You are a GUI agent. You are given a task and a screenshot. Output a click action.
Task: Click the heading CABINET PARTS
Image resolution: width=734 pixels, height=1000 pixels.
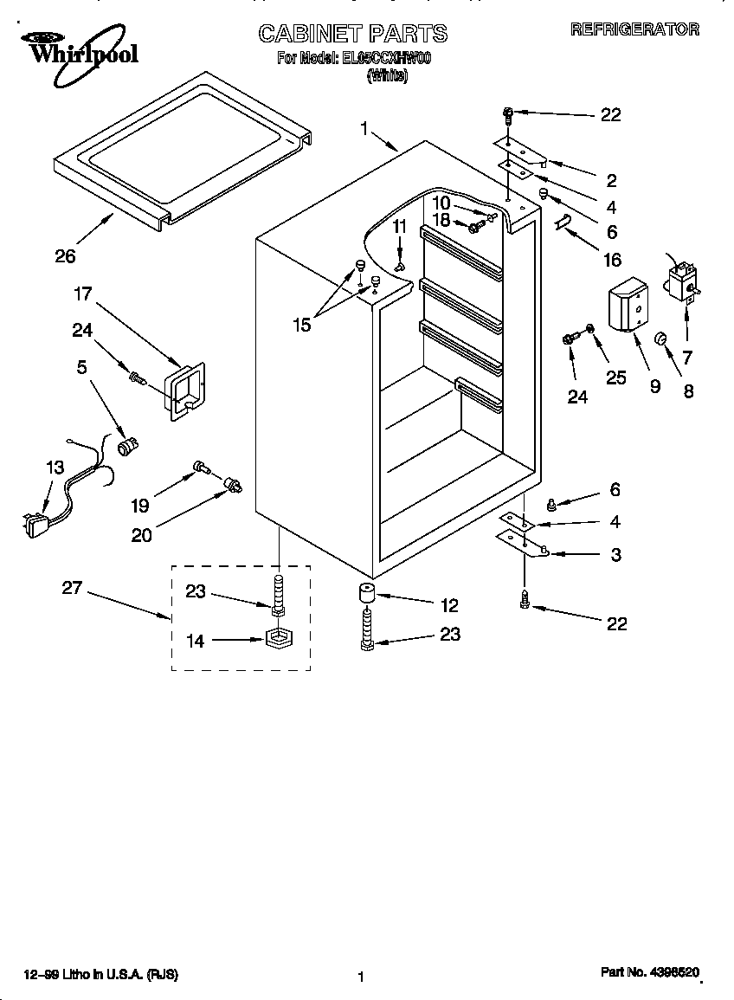click(353, 34)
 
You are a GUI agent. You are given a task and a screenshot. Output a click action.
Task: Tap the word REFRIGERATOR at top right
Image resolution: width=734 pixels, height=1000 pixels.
click(634, 29)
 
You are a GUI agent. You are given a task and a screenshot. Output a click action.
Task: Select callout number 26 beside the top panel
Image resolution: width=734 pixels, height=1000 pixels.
click(65, 255)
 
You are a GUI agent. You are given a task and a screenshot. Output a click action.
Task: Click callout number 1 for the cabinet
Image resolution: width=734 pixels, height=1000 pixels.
click(364, 128)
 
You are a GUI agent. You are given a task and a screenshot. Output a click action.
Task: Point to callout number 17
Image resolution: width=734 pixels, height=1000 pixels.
click(83, 294)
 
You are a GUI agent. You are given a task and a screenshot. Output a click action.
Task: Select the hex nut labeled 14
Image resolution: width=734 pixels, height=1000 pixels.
click(278, 642)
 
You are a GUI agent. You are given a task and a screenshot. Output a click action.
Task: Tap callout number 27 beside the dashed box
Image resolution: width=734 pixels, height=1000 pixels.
click(72, 589)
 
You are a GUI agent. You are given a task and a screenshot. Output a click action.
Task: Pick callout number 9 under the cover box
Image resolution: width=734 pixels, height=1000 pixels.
click(655, 387)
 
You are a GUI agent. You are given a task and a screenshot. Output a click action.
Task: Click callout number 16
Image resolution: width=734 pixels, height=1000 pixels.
click(612, 259)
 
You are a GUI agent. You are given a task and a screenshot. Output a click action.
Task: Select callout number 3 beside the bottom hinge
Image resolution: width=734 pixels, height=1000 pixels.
click(615, 555)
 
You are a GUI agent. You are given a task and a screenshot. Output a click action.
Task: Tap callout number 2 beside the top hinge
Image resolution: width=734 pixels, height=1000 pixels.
click(611, 180)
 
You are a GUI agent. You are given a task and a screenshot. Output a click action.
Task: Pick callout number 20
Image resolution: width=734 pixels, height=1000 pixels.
click(141, 535)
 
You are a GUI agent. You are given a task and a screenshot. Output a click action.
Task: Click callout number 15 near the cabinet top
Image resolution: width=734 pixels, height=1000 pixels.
click(300, 325)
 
